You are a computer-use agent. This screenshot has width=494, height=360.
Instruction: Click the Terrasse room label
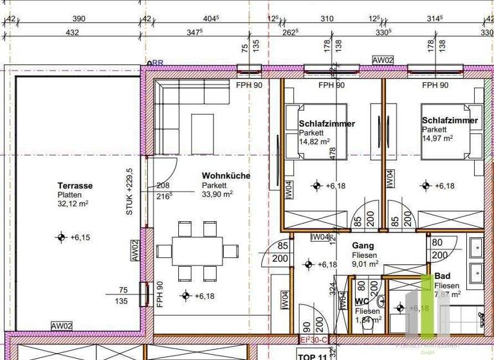75,186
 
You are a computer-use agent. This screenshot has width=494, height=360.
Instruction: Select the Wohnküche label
226,175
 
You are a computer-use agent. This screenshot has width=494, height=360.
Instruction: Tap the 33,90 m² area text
217,193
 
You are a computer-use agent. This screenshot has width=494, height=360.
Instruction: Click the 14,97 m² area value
437,138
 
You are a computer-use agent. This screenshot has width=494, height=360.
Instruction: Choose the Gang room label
363,245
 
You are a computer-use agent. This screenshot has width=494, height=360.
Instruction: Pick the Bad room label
443,276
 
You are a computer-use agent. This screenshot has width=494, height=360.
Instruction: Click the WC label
361,301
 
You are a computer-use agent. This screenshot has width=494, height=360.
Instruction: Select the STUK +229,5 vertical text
129,192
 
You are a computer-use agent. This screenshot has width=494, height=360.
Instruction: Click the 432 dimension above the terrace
73,32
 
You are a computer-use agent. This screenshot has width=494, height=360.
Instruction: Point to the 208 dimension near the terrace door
163,184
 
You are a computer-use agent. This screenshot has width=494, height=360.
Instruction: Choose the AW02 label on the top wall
383,60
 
